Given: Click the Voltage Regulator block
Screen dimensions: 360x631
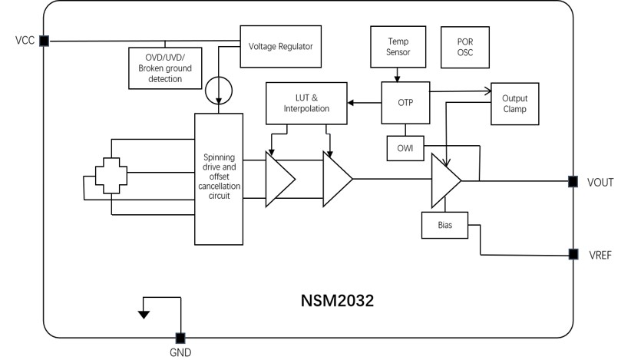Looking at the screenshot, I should tap(280, 46).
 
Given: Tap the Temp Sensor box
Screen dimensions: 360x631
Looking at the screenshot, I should tap(398, 46).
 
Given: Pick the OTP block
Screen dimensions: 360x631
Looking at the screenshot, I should tap(406, 102).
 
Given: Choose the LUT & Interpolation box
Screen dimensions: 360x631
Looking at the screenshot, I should tap(306, 103).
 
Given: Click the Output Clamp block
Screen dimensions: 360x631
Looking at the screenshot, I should tap(514, 104).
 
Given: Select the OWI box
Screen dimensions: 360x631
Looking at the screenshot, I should tap(405, 148).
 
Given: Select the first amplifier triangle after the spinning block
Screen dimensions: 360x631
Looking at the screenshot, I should tap(279, 179).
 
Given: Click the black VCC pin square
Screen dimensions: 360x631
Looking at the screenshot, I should tap(44, 41).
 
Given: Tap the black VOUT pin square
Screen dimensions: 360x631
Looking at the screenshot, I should tap(573, 182).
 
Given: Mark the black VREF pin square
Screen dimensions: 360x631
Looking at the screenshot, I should tap(573, 254).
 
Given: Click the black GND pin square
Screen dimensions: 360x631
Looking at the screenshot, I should tap(180, 338).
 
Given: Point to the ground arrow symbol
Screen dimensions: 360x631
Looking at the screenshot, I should tap(144, 312).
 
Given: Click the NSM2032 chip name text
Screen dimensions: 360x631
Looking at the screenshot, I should tap(337, 301).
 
